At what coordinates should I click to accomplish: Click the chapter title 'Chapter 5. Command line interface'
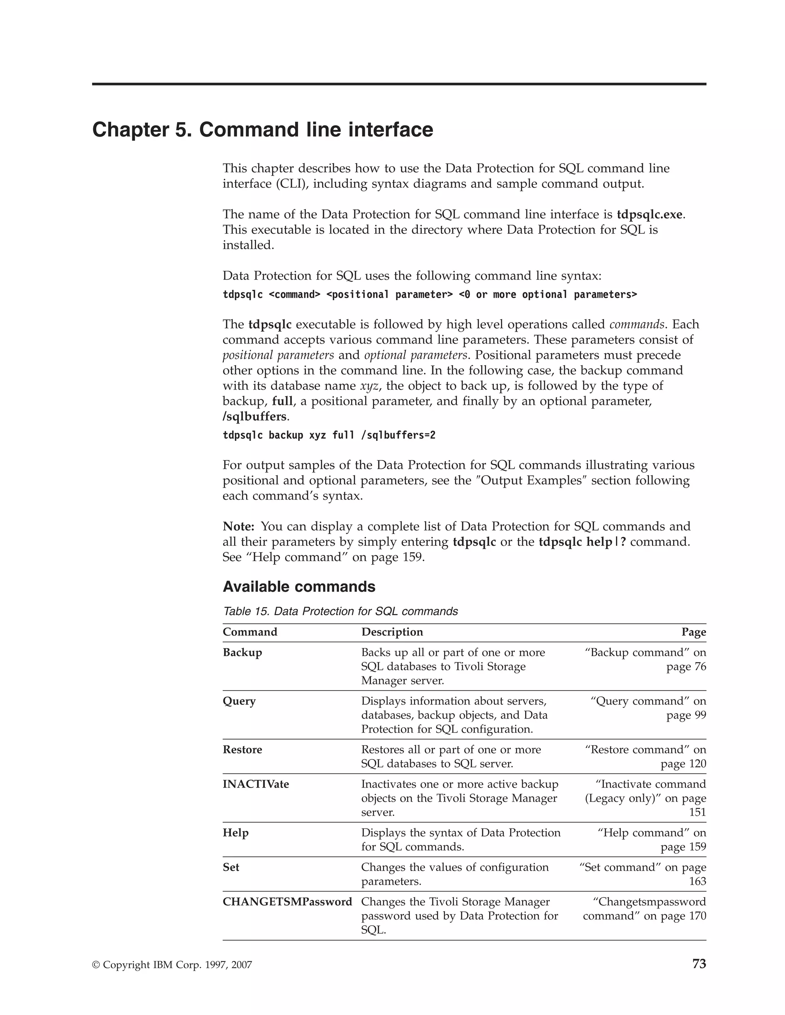[263, 130]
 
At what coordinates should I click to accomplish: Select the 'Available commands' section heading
[299, 586]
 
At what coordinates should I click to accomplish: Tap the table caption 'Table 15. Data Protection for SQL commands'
[340, 611]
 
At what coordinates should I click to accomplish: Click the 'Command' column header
[250, 632]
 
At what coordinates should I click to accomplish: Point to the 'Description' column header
[392, 632]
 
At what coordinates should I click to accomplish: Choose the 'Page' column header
[693, 632]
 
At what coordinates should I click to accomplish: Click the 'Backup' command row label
[242, 653]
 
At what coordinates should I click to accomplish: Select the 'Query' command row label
[239, 701]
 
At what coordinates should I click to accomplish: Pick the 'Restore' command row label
[242, 750]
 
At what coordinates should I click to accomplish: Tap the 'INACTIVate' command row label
[256, 784]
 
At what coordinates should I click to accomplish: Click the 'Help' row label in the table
[235, 833]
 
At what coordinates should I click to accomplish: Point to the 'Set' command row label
[231, 867]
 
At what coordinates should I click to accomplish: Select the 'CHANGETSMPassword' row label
[287, 902]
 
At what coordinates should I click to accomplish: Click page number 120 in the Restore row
[696, 764]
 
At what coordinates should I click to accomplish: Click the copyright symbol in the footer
[96, 965]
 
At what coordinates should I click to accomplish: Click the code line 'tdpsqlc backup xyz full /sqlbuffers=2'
[329, 435]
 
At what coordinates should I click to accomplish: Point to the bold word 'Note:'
[238, 527]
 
